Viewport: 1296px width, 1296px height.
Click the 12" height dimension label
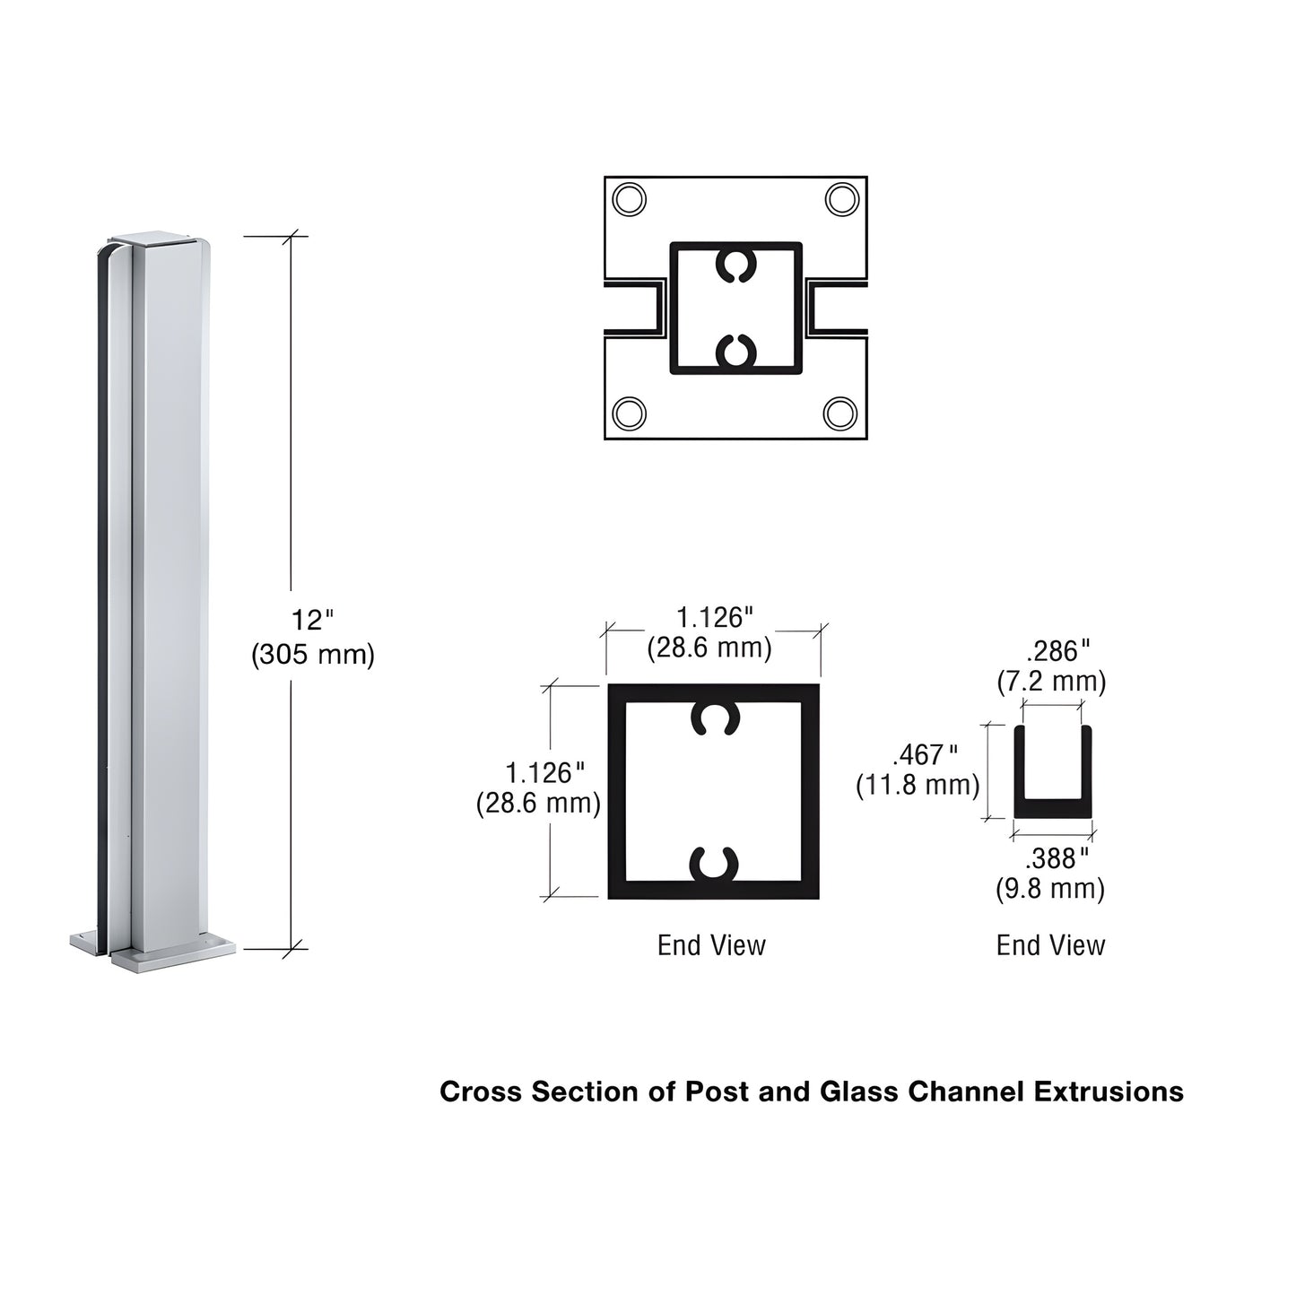point(311,620)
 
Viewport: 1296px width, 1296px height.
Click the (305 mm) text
point(312,655)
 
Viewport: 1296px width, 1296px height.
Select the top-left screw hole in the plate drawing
point(628,199)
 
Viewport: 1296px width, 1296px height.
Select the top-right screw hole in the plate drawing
point(842,198)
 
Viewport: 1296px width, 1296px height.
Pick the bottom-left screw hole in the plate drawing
point(628,413)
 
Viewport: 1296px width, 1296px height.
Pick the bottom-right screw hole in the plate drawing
point(840,413)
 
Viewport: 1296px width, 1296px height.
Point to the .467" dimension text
point(925,754)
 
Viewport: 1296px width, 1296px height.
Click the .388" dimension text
point(1057,858)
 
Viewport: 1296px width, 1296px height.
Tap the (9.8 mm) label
point(1050,889)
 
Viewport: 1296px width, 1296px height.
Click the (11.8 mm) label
point(918,785)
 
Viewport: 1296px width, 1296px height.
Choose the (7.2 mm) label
point(1051,682)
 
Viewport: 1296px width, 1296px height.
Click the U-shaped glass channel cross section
point(1053,807)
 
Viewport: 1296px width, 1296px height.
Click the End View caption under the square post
point(711,944)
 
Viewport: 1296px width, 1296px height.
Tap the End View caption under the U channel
point(1050,944)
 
